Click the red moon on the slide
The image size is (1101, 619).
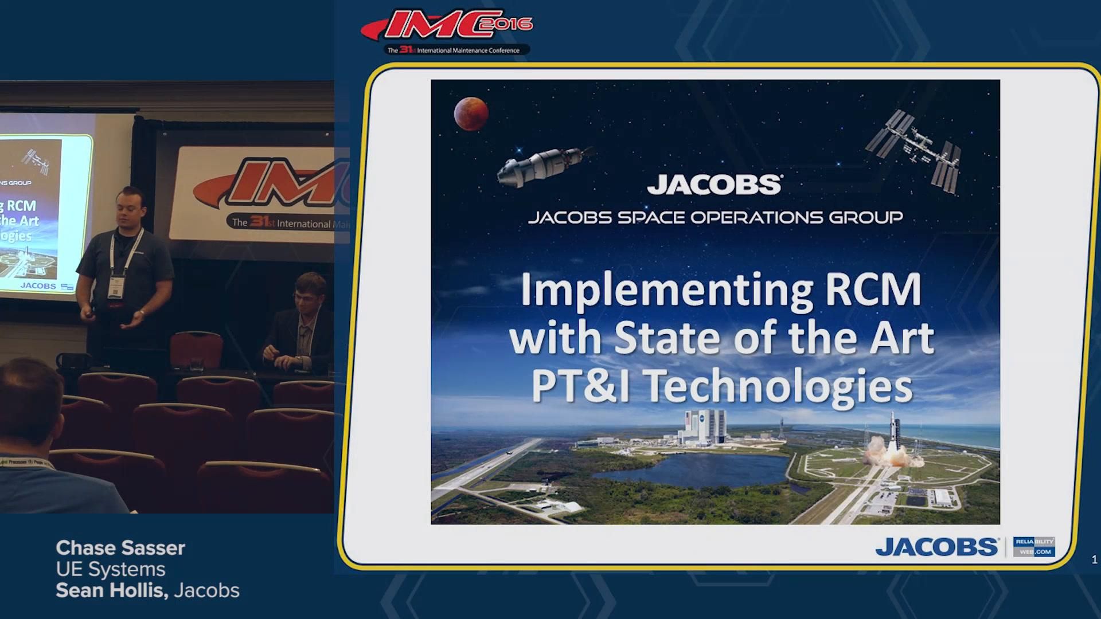(x=471, y=113)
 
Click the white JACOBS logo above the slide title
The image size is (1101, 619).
(x=715, y=185)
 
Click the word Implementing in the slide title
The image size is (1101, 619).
(x=666, y=291)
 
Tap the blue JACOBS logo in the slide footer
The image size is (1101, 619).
(x=937, y=547)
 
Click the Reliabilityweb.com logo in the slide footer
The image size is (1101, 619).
(x=1034, y=547)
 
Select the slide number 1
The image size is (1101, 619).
(x=1094, y=560)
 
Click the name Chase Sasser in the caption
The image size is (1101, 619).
(x=120, y=548)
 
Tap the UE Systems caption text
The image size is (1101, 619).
(x=111, y=569)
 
